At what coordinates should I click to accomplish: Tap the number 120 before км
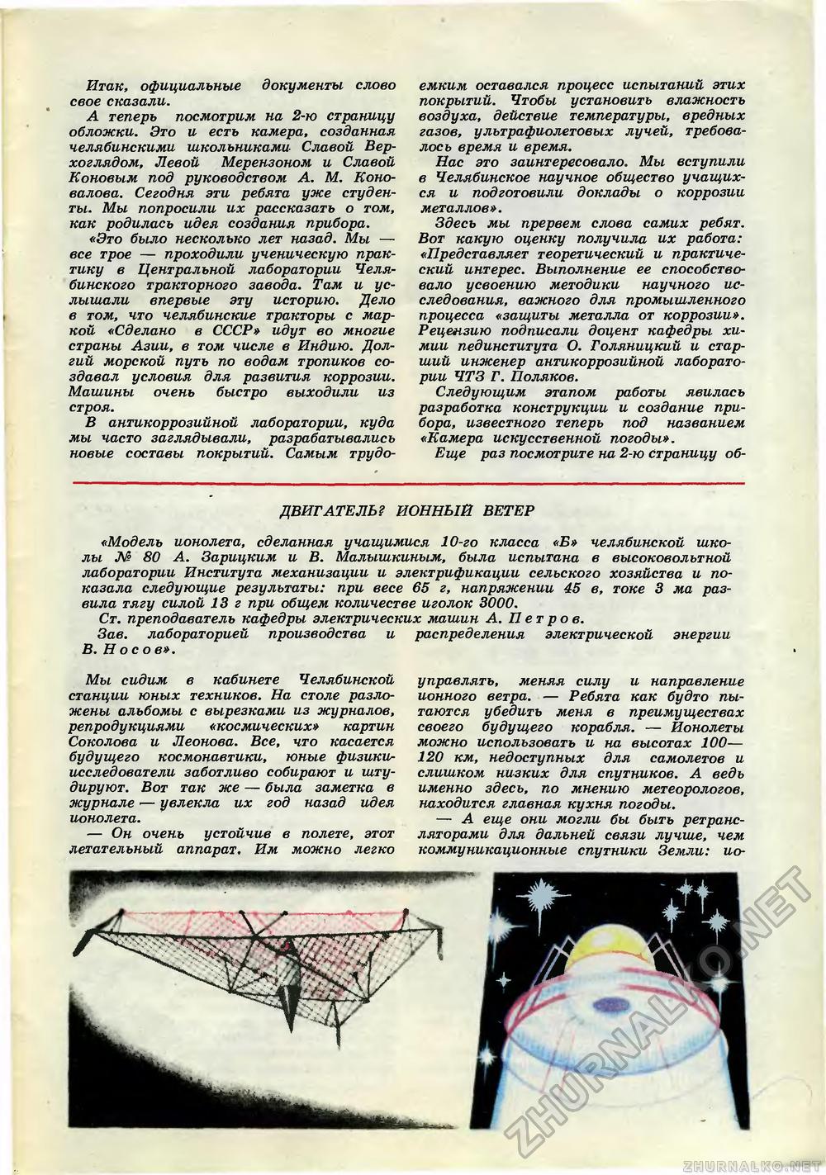(436, 758)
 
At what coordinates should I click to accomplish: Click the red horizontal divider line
(413, 481)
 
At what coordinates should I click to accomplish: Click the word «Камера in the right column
(450, 437)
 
